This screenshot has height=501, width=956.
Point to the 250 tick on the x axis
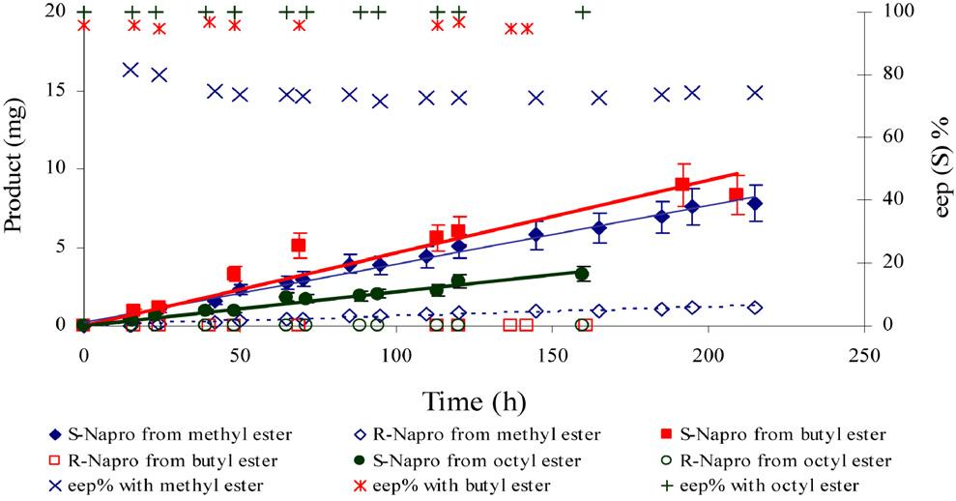pyautogui.click(x=863, y=355)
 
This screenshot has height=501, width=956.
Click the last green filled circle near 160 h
pyautogui.click(x=582, y=274)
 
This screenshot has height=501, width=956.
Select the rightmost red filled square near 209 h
pyautogui.click(x=736, y=194)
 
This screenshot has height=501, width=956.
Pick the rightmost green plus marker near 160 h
pyautogui.click(x=583, y=13)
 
